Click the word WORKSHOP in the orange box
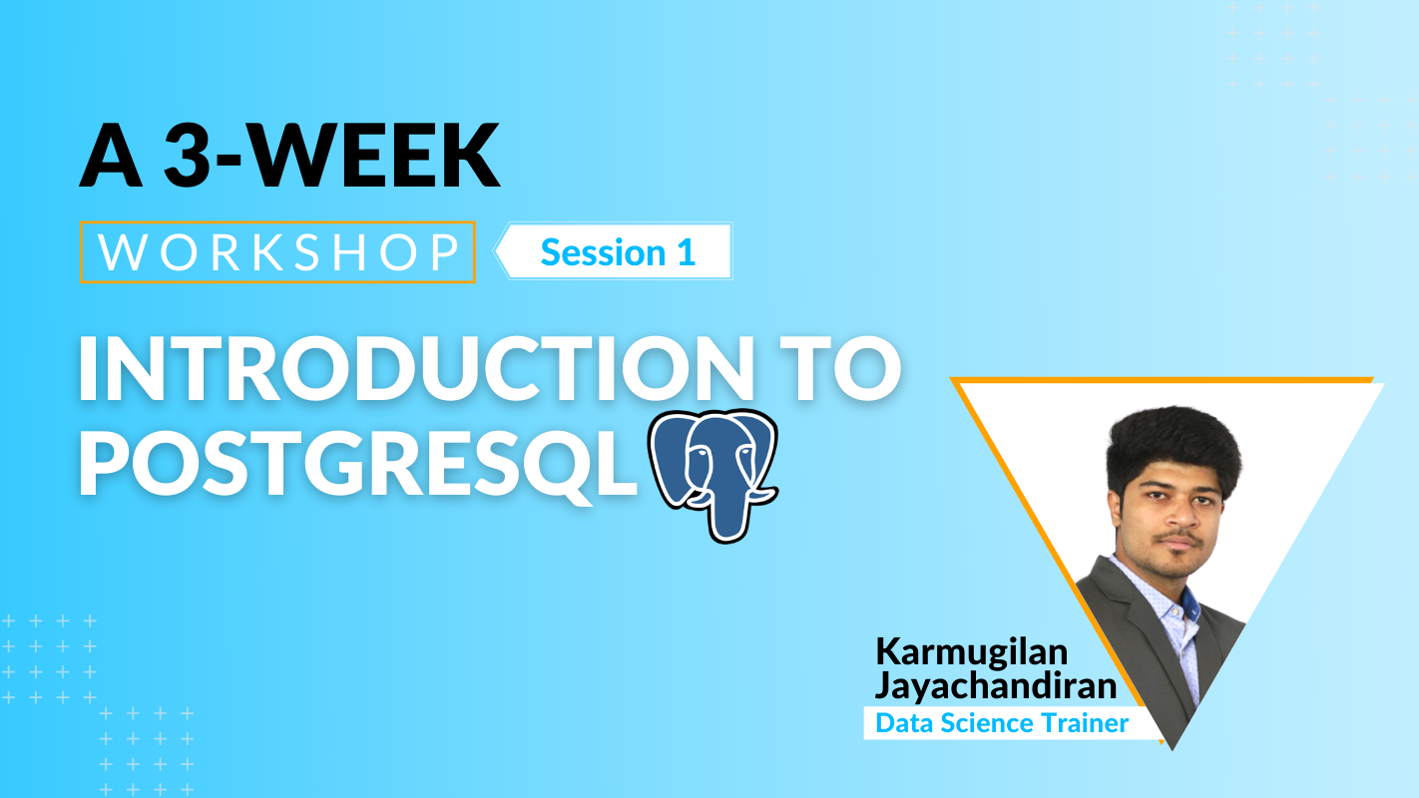point(278,252)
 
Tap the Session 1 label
point(618,252)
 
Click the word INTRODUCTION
point(416,369)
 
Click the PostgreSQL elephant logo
point(713,475)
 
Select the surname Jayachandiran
point(995,686)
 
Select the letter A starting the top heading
point(110,156)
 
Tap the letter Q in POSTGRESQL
point(552,465)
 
